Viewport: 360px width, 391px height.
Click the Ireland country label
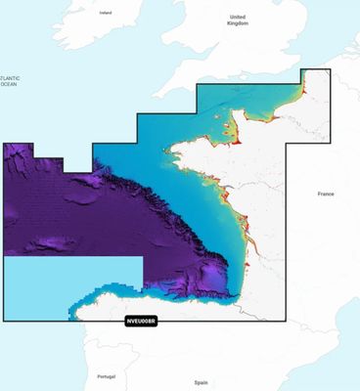click(x=106, y=13)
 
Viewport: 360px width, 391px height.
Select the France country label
click(x=326, y=195)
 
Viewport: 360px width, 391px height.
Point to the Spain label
click(x=201, y=382)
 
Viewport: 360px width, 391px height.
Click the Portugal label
click(x=107, y=375)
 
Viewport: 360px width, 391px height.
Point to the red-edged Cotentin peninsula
click(x=238, y=122)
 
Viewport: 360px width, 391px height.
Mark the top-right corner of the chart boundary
click(x=329, y=69)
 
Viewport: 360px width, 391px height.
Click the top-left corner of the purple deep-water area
click(x=5, y=144)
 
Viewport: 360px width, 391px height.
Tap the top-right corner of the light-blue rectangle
click(x=143, y=257)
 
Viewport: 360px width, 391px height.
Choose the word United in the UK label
click(x=237, y=17)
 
